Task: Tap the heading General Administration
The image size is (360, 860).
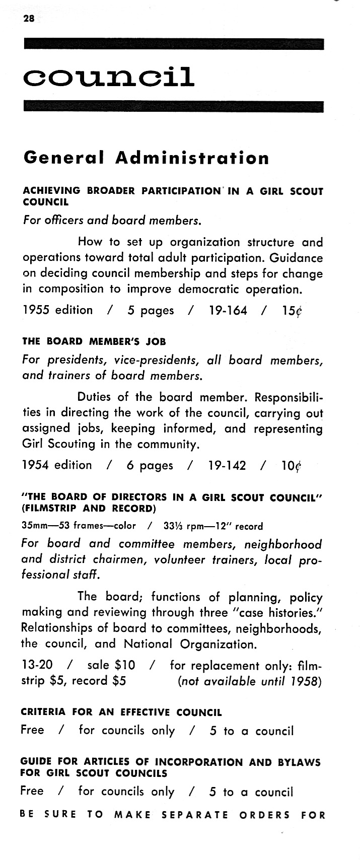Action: point(146,158)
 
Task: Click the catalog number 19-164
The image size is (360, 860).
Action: point(228,310)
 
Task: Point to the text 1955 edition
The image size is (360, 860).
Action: point(58,310)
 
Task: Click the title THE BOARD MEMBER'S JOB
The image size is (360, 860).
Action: point(94,341)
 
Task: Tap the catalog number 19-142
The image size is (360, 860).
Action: point(227,465)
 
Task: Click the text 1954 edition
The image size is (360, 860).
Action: point(57,465)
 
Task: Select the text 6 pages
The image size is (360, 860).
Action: point(150,465)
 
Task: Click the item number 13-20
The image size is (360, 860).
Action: point(37,665)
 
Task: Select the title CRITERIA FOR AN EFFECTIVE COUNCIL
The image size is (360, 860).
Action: point(121,712)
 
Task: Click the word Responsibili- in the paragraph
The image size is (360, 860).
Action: point(289,397)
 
